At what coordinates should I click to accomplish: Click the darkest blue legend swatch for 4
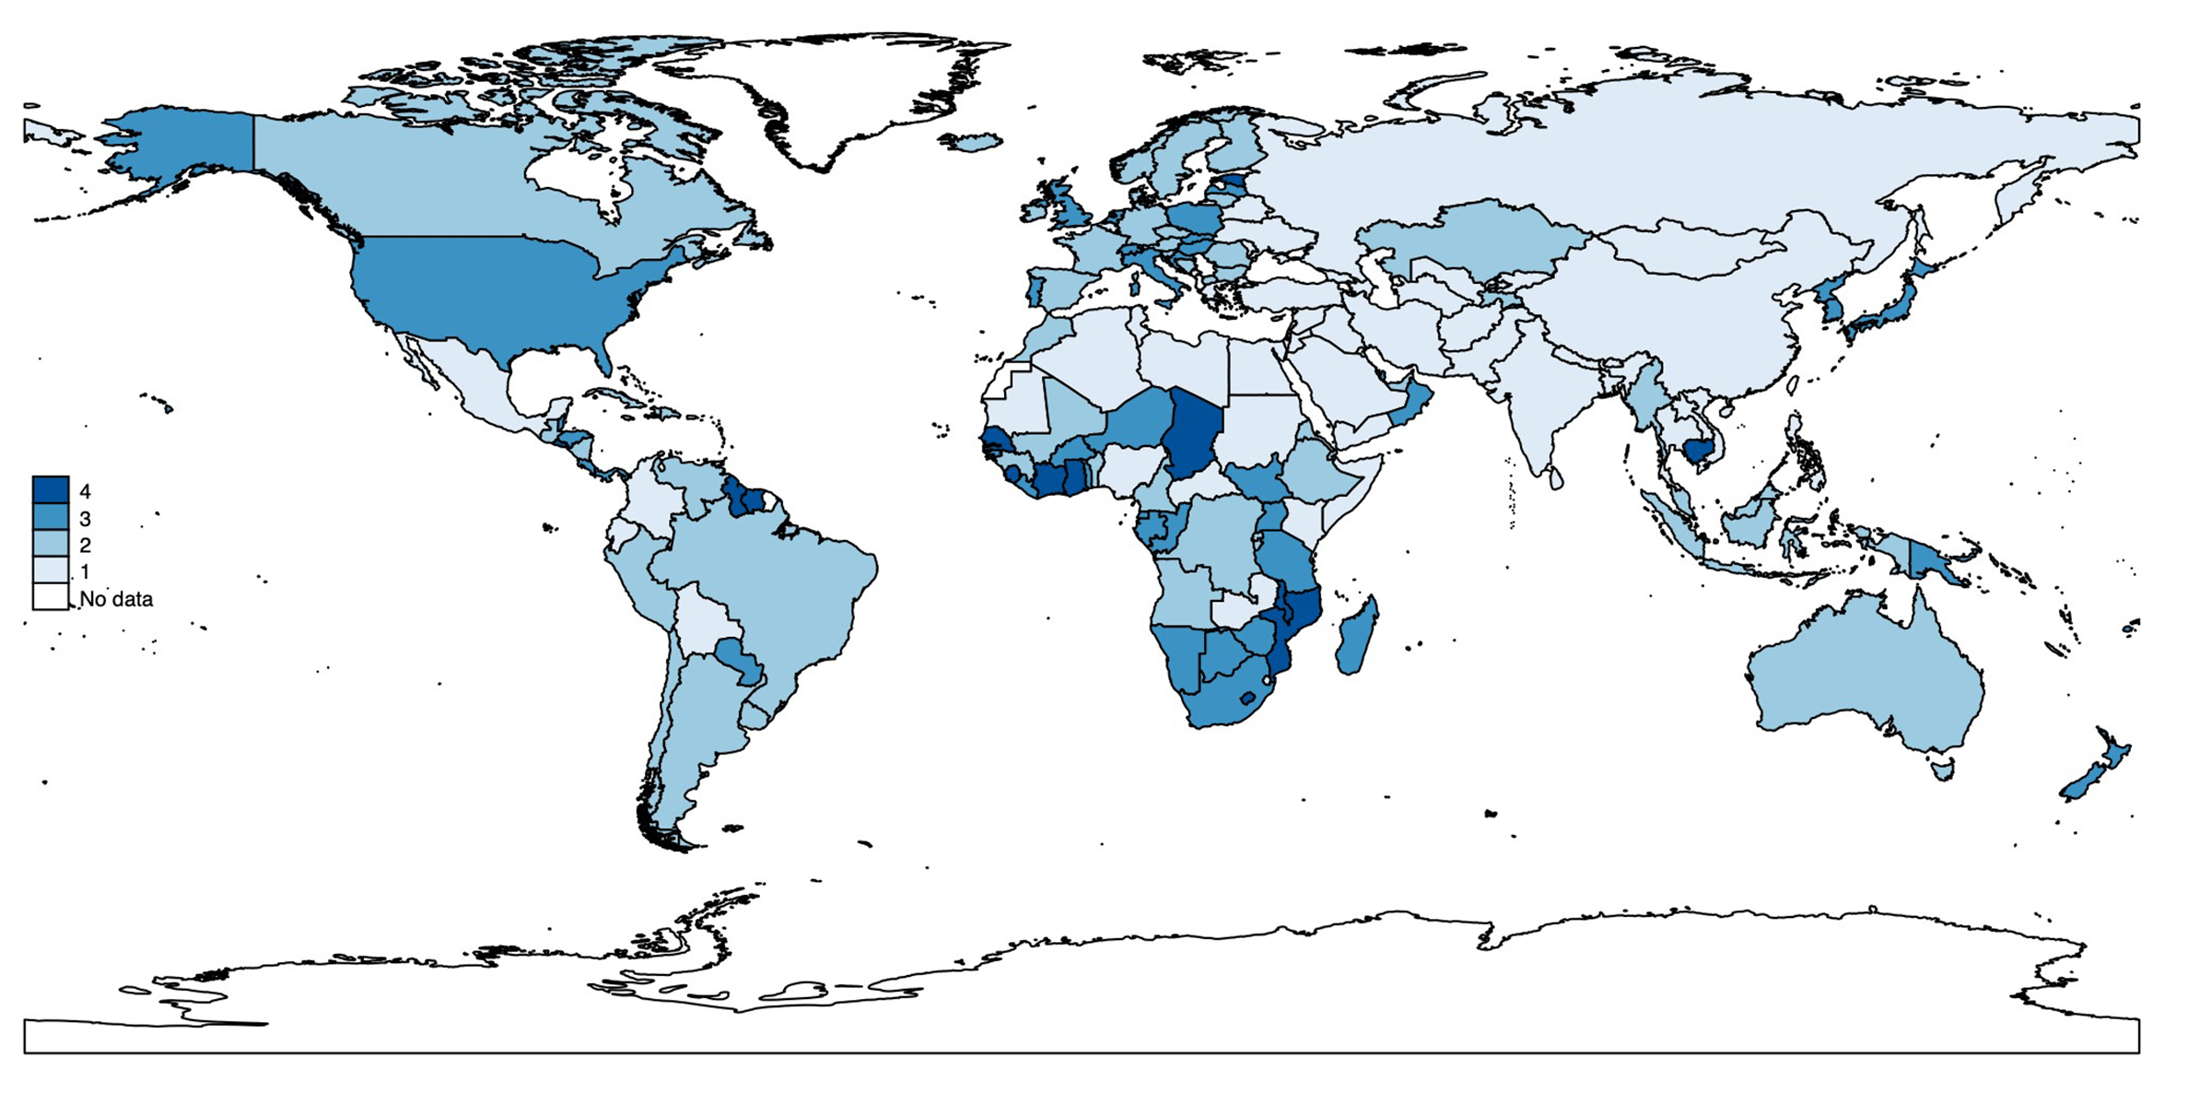(51, 489)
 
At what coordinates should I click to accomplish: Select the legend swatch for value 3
(51, 516)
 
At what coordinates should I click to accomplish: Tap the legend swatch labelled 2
(51, 543)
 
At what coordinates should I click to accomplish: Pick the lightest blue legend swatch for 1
(51, 570)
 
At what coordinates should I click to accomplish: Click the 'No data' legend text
(116, 599)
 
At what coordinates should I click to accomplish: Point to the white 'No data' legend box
(51, 596)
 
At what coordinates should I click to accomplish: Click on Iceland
(971, 143)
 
